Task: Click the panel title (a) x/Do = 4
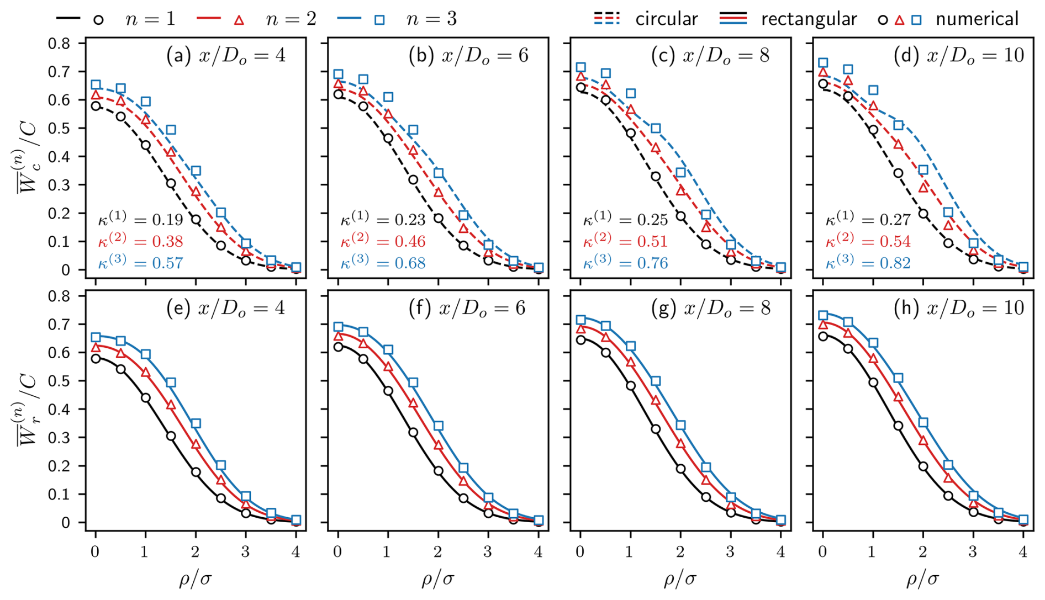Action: click(226, 55)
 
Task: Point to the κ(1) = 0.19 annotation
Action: click(140, 219)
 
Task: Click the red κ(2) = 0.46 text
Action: click(383, 241)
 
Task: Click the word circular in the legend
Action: click(667, 19)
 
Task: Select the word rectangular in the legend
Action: click(809, 19)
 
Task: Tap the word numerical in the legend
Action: click(977, 19)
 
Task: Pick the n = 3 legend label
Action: click(431, 19)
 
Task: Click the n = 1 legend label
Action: click(150, 19)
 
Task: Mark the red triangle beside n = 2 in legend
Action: click(239, 20)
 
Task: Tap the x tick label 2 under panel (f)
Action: click(438, 551)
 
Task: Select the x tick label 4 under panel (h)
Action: click(1023, 551)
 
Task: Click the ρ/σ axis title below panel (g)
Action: click(680, 579)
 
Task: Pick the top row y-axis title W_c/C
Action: click(27, 156)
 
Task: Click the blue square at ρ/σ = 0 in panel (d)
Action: click(823, 63)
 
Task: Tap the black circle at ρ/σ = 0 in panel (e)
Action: click(96, 358)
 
